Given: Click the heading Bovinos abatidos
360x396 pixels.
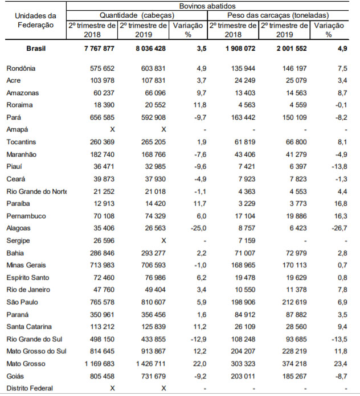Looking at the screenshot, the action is click(207, 6).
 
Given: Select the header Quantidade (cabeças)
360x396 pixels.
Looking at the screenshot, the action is click(137, 15).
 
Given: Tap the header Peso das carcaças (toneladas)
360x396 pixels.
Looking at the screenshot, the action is click(278, 15).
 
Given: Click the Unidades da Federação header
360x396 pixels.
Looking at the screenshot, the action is click(35, 21).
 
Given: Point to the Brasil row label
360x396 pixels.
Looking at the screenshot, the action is click(36, 48).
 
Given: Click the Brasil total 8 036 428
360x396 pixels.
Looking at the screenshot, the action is click(151, 48).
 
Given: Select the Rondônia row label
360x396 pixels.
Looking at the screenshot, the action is click(21, 68).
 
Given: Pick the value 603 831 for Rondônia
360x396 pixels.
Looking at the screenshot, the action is click(153, 68).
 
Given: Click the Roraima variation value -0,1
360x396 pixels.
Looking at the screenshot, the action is click(341, 105).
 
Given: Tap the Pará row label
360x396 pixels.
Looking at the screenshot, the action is click(14, 117).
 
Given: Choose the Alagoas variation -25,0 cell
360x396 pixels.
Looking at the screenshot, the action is click(198, 228).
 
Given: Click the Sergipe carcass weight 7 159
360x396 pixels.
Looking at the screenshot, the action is click(247, 240).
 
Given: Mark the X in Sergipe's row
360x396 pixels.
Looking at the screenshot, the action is click(163, 240).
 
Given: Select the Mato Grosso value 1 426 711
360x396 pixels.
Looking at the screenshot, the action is click(151, 364).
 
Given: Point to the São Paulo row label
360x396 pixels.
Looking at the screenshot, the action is click(22, 302).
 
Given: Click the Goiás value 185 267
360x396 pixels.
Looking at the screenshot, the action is click(294, 376).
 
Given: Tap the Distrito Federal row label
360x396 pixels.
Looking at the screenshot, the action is click(30, 388).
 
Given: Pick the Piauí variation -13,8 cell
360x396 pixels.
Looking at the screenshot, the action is click(339, 167).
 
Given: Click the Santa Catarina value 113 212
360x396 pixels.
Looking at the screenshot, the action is click(102, 327).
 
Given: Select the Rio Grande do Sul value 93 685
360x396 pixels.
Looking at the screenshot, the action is click(296, 339).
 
